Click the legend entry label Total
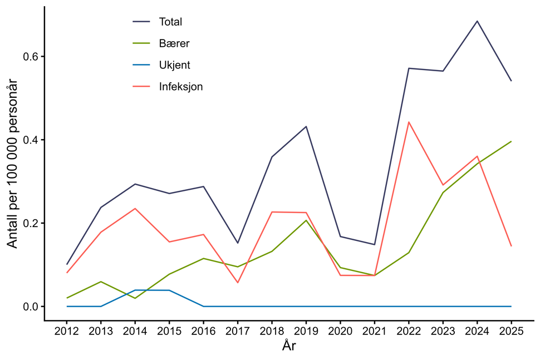170,22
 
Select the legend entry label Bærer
174,43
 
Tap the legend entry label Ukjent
174,65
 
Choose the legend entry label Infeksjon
181,87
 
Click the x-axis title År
289,346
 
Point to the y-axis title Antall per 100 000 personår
12,164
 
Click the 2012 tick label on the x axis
67,331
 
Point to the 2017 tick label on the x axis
238,331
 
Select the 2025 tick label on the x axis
511,331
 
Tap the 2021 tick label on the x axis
374,331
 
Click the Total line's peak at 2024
477,21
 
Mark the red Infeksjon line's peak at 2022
409,122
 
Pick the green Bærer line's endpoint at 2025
511,141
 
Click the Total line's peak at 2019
306,126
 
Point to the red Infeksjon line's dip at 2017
238,283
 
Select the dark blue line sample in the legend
142,22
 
